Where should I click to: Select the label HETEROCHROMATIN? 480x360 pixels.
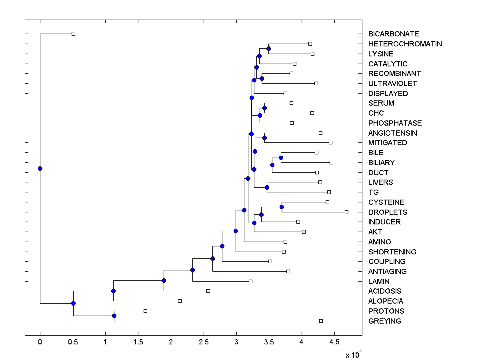click(405, 44)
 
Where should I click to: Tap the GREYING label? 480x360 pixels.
click(384, 321)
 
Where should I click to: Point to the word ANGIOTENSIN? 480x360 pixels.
click(392, 133)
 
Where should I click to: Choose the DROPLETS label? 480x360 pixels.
click(388, 212)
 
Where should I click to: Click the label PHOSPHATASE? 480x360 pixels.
click(395, 123)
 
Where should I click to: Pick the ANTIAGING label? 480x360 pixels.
click(387, 272)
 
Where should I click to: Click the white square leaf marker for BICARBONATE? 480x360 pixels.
click(73, 34)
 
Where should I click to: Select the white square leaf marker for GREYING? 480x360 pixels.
click(321, 321)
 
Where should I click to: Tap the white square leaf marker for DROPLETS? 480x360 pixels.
click(346, 212)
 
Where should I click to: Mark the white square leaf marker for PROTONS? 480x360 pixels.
click(145, 311)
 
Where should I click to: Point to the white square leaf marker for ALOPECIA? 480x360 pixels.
click(180, 301)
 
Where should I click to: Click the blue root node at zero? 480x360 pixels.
click(40, 168)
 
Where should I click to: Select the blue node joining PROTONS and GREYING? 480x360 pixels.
click(114, 316)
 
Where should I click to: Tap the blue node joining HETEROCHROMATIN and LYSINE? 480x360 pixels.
click(268, 48)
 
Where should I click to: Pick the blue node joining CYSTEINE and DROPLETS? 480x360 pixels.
click(282, 207)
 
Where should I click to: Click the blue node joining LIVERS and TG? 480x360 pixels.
click(267, 187)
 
